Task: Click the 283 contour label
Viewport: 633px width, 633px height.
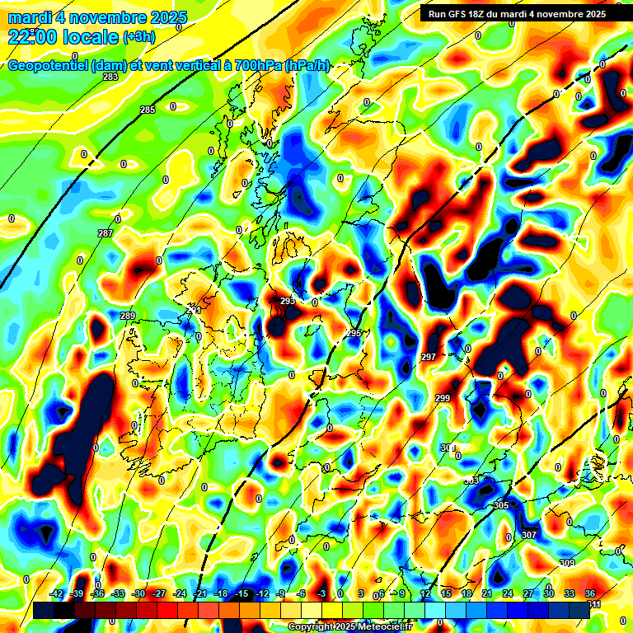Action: coord(110,77)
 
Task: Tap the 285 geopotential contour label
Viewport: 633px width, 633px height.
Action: coord(148,110)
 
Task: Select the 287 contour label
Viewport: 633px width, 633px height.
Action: coord(105,233)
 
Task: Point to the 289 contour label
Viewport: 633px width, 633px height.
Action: coord(128,316)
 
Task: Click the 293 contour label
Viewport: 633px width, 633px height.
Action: coord(288,301)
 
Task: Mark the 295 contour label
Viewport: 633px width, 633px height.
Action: coord(354,333)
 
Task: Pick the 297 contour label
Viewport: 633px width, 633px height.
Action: coord(429,357)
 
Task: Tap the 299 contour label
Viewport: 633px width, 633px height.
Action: coord(443,398)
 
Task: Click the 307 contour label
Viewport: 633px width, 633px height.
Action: coord(529,535)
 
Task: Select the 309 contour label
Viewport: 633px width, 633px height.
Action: coord(567,563)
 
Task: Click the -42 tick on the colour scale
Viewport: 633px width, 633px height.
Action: coord(57,593)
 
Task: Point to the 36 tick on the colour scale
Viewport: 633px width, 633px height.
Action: coord(590,593)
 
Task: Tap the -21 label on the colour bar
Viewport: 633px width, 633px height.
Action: coord(200,593)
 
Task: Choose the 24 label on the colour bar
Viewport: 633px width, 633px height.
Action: coord(508,593)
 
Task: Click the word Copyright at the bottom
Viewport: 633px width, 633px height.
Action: coord(311,627)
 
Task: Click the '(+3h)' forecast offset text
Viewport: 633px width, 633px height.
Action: coord(138,36)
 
